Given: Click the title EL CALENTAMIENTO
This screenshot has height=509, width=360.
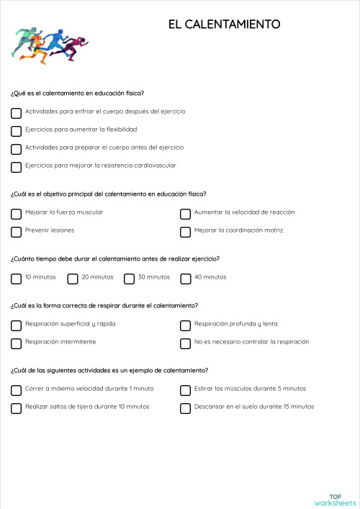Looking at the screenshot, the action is [x=224, y=25].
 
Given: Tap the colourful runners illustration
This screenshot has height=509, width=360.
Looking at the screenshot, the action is [x=49, y=44].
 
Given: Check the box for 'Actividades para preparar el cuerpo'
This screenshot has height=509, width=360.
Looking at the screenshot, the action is [x=16, y=149].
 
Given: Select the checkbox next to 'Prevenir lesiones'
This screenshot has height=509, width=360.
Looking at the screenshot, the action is [x=16, y=232].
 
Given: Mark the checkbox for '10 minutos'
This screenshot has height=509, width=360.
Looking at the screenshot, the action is [x=16, y=279].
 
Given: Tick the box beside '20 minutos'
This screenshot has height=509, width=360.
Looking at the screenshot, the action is [x=73, y=279].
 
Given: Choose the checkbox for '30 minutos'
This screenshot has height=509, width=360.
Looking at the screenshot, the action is [x=129, y=279].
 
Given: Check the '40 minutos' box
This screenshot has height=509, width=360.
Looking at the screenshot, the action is [x=185, y=279].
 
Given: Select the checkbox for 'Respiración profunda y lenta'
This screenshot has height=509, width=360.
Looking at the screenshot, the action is [x=185, y=325].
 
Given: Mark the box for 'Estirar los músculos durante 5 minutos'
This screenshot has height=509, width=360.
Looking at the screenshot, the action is [x=185, y=390].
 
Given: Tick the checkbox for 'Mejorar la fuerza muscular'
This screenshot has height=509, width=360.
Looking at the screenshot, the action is [x=16, y=214].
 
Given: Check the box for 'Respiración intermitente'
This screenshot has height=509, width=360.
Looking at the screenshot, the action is [x=16, y=343].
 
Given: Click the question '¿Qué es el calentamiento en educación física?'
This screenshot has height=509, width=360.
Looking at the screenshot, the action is [x=77, y=93].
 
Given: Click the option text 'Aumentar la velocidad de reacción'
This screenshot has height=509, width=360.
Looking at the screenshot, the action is [x=244, y=212].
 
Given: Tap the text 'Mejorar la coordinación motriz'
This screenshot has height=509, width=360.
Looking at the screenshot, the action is [x=238, y=230].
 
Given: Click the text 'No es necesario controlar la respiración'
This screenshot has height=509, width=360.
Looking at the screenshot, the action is [x=251, y=342].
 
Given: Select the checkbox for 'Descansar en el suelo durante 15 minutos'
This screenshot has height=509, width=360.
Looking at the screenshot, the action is [x=185, y=408].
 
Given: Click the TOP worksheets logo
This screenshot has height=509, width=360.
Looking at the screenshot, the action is [x=335, y=499].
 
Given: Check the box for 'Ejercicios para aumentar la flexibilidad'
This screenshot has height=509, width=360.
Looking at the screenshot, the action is [x=16, y=131].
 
